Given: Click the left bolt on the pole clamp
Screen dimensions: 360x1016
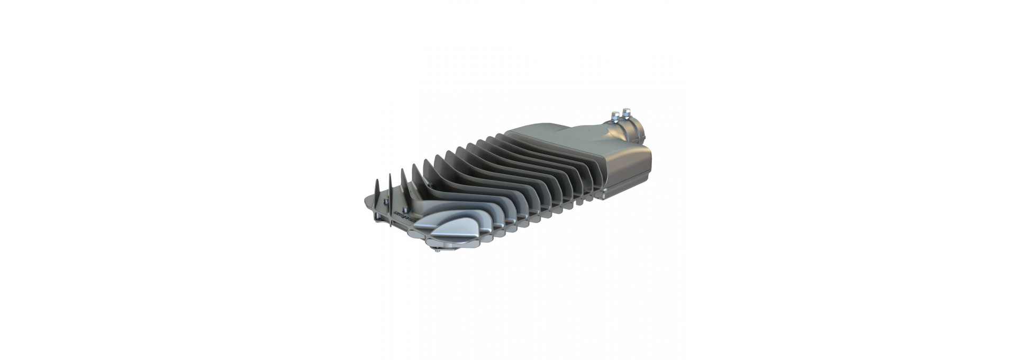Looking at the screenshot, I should tap(615, 116).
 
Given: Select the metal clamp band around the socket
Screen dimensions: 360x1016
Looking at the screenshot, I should tap(624, 130).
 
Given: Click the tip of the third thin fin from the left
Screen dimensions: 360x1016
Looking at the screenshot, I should tap(402, 170).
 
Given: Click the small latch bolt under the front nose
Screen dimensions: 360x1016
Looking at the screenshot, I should tap(438, 250).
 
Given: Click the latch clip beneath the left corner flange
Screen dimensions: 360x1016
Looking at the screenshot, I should tap(377, 217).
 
